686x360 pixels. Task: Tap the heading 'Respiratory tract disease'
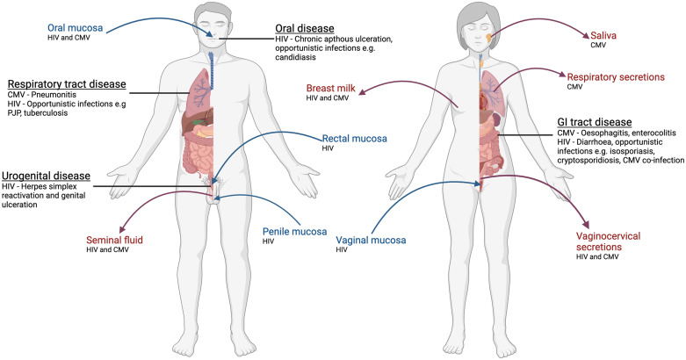(x=67, y=85)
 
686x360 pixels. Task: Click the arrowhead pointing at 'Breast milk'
(x=362, y=85)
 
